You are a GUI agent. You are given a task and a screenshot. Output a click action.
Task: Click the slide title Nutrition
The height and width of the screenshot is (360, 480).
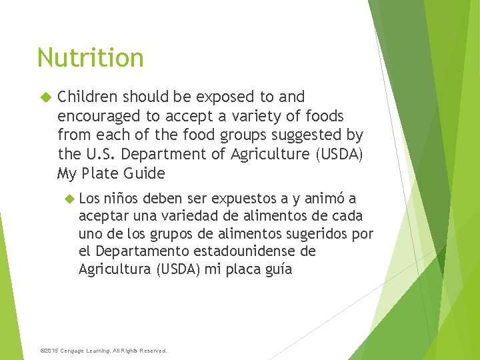pos(90,58)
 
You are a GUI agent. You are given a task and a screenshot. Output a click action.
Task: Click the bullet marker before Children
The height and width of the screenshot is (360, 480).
pos(45,97)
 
